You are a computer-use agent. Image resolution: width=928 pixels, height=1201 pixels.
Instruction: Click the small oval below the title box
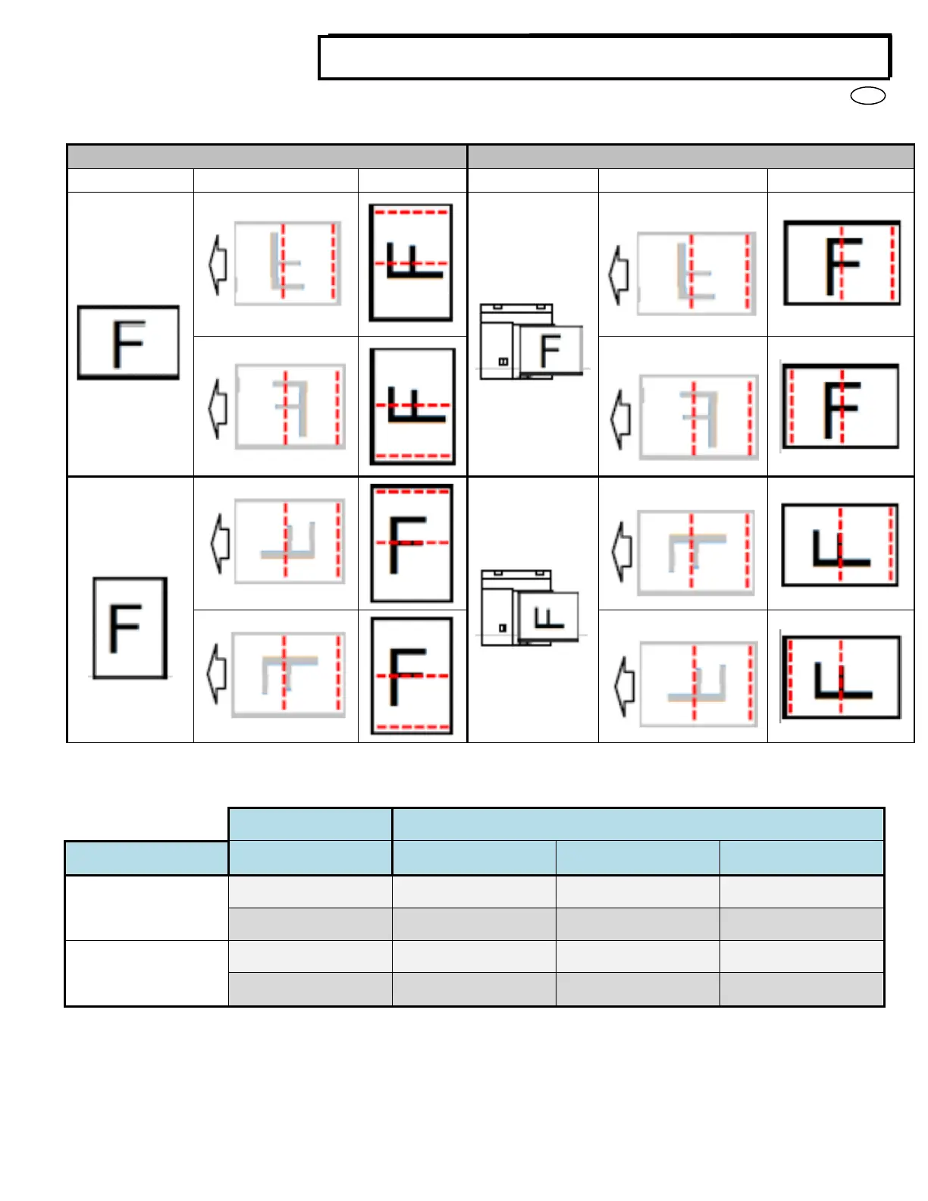point(868,96)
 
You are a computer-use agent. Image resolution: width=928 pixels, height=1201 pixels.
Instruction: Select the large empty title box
point(604,58)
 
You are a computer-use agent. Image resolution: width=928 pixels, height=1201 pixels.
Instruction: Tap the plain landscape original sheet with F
point(129,343)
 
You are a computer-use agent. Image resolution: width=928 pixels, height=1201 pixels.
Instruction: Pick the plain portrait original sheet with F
point(130,628)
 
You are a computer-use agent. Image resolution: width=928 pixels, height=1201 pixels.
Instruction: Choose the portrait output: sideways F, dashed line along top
point(411,262)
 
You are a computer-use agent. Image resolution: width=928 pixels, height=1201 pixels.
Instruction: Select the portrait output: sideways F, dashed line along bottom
point(412,406)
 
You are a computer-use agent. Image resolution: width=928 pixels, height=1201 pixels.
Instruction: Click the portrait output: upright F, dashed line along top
point(412,543)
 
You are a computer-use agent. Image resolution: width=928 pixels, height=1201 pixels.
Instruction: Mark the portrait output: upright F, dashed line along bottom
point(412,676)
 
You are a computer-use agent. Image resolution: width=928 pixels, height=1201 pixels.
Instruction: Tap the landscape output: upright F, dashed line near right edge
point(842,264)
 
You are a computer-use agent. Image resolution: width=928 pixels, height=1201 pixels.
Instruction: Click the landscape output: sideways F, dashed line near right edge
point(840,545)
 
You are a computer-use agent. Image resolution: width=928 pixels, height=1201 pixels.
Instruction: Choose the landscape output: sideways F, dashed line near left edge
point(841,677)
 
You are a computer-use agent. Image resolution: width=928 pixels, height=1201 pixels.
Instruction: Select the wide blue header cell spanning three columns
point(638,824)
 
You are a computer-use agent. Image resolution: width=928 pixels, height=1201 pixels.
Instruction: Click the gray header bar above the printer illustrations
point(691,157)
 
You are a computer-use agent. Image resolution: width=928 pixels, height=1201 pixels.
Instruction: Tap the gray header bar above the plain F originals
point(267,157)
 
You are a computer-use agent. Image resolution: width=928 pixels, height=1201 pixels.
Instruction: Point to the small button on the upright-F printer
point(503,362)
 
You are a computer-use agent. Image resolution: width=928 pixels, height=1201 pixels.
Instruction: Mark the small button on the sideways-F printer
point(502,628)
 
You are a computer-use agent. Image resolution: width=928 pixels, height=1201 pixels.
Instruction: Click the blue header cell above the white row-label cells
point(146,858)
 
